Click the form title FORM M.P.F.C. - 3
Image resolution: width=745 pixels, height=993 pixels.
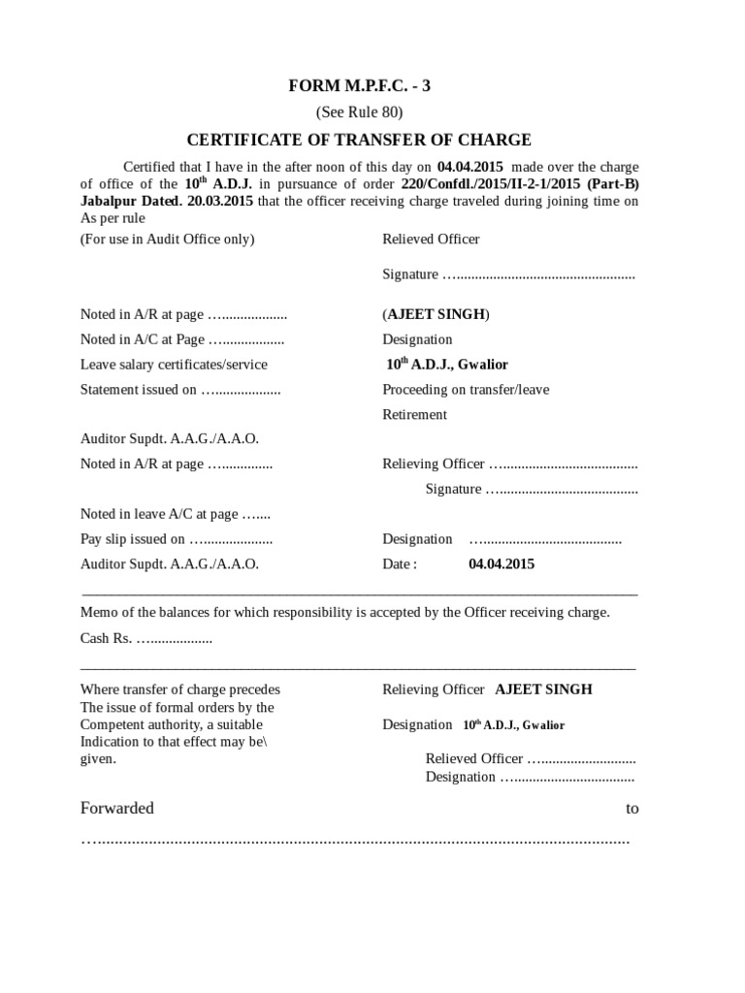pyautogui.click(x=359, y=86)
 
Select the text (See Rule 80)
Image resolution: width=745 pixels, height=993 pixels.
pyautogui.click(x=359, y=112)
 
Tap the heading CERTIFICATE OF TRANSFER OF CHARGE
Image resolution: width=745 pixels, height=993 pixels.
pyautogui.click(x=359, y=140)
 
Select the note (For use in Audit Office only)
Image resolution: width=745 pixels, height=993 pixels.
pyautogui.click(x=167, y=240)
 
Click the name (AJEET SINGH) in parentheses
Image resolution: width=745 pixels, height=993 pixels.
pyautogui.click(x=437, y=314)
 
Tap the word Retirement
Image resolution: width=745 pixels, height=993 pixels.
pyautogui.click(x=414, y=414)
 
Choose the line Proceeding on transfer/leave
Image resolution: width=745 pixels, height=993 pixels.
pyautogui.click(x=466, y=389)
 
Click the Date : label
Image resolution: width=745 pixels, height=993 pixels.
pyautogui.click(x=400, y=563)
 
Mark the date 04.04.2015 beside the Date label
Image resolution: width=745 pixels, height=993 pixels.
pyautogui.click(x=502, y=563)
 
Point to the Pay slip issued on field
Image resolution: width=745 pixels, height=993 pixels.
pyautogui.click(x=176, y=539)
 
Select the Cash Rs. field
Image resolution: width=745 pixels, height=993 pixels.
pyautogui.click(x=146, y=639)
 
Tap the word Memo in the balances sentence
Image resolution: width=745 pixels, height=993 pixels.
pyautogui.click(x=98, y=613)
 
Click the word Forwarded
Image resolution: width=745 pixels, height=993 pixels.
pyautogui.click(x=116, y=808)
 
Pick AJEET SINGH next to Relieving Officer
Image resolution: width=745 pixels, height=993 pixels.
pyautogui.click(x=543, y=689)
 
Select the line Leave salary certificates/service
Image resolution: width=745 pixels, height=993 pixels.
pyautogui.click(x=174, y=365)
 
